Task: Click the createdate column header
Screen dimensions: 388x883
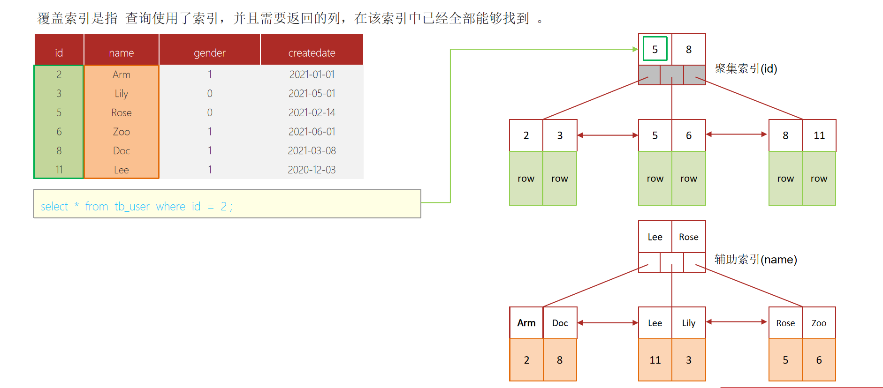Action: (312, 53)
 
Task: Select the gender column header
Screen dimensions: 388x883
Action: (210, 53)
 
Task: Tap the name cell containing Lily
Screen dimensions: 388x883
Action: (121, 94)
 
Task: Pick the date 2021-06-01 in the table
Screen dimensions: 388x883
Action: (312, 132)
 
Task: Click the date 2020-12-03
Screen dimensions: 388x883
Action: (312, 170)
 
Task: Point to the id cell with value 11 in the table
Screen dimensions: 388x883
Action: (59, 170)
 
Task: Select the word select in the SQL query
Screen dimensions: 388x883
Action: (54, 207)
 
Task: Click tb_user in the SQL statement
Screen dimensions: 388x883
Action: (132, 207)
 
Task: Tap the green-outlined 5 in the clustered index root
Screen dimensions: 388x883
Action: (655, 49)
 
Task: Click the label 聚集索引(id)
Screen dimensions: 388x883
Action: (746, 69)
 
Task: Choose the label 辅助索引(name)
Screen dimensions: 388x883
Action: (755, 260)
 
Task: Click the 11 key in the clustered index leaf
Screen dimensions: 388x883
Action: (819, 135)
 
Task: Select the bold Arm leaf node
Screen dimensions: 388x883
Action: (526, 323)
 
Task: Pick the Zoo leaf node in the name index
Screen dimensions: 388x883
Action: (819, 323)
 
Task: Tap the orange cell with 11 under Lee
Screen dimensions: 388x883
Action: (655, 360)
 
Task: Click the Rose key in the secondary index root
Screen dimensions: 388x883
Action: (689, 237)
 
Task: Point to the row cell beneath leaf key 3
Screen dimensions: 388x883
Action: (560, 179)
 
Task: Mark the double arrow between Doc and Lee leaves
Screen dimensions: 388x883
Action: (608, 323)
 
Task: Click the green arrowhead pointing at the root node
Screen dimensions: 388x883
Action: (635, 49)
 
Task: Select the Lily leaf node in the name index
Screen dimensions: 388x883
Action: (689, 323)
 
